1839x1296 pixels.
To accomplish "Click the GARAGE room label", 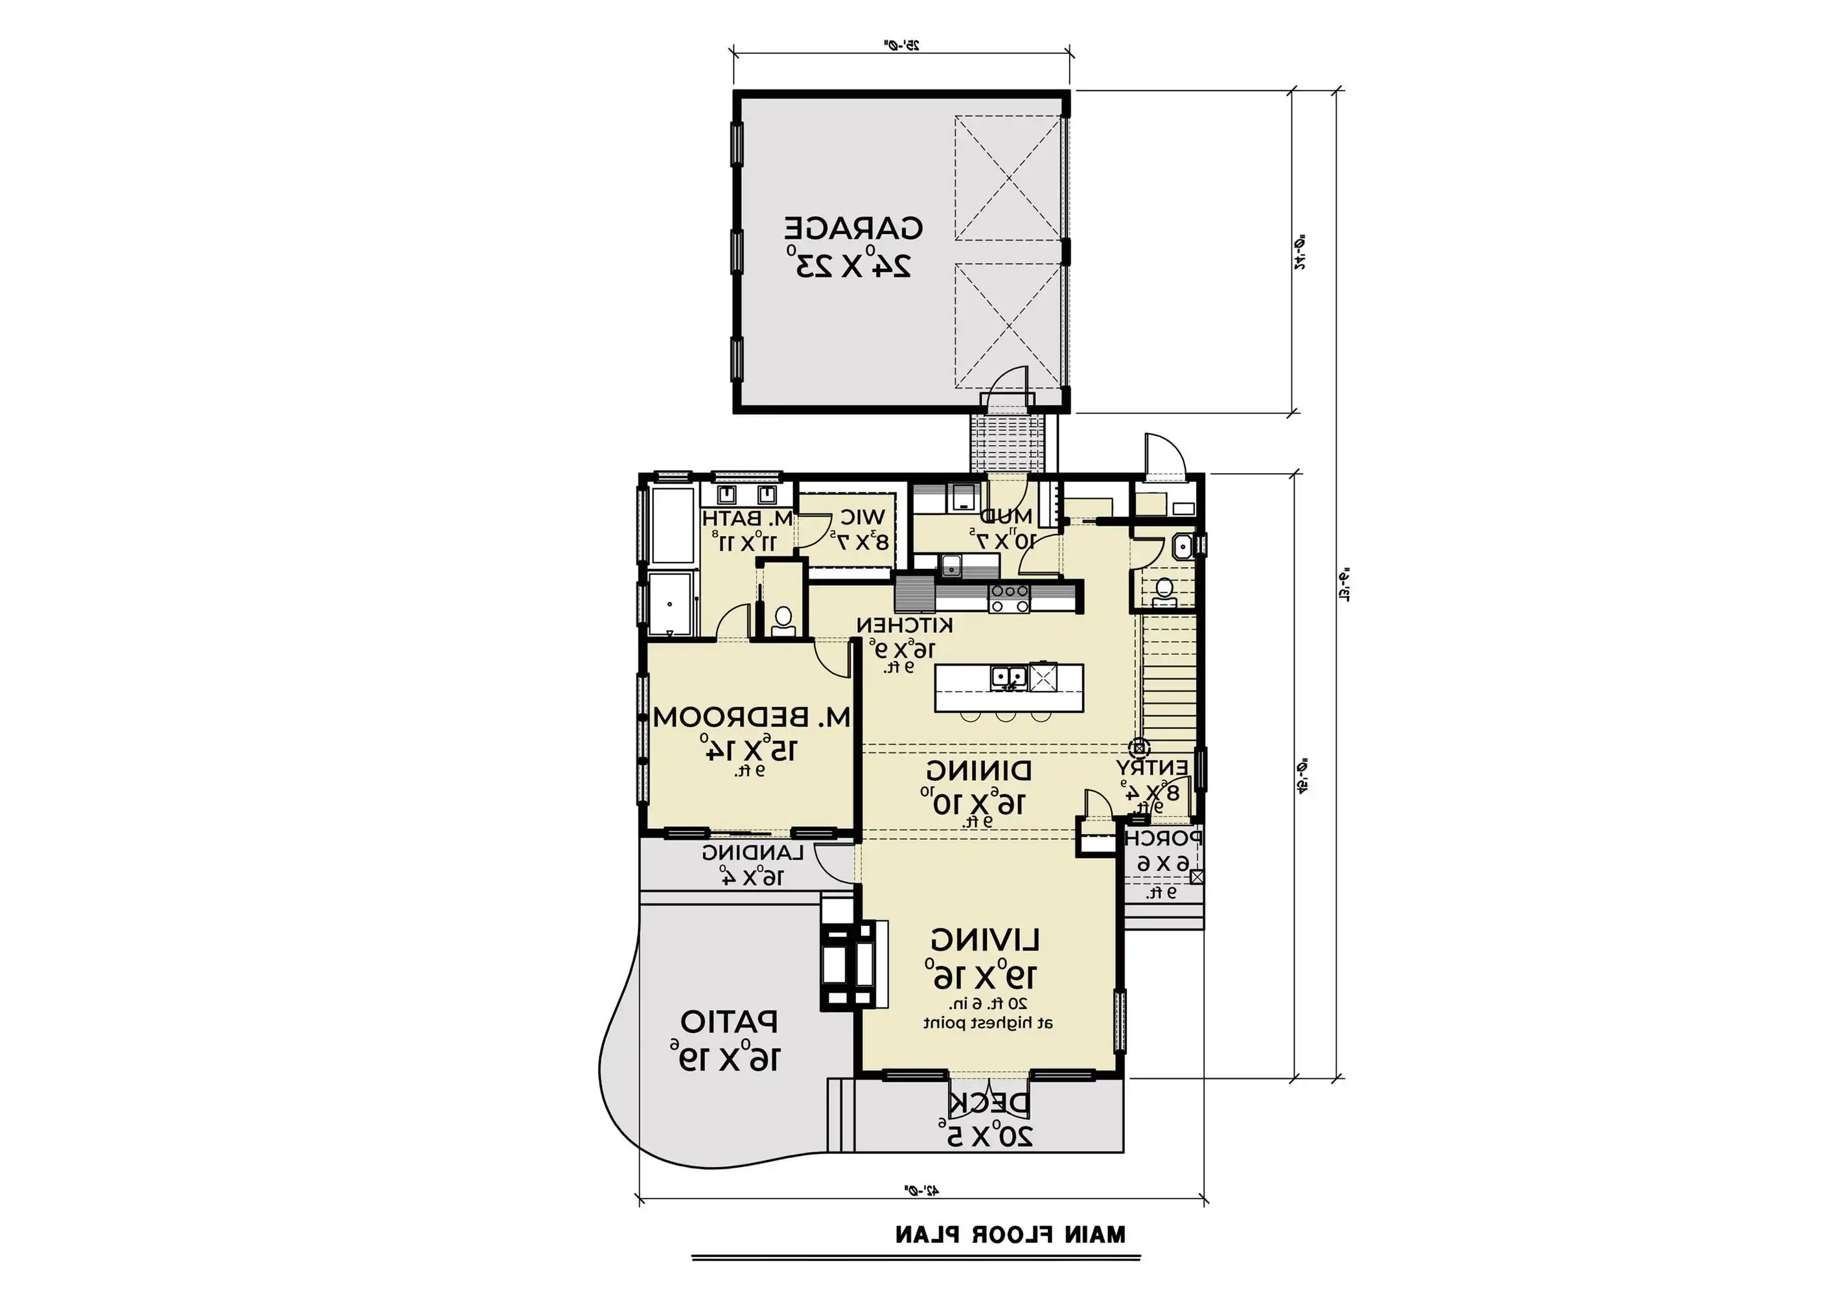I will point(853,228).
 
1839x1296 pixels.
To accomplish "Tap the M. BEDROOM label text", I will point(751,717).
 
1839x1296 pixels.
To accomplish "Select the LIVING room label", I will point(985,939).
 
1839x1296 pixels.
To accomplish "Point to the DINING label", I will point(978,771).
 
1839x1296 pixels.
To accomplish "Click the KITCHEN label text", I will point(905,625).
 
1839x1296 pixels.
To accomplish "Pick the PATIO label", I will point(729,1022).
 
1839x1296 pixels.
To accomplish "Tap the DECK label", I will point(990,1103).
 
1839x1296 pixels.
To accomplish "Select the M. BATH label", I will point(748,518).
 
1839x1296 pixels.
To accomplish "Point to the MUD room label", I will point(1006,516).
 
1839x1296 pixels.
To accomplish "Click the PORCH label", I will point(1163,839).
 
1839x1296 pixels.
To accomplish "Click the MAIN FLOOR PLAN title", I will point(1010,1234).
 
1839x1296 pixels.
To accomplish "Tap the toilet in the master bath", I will point(783,621).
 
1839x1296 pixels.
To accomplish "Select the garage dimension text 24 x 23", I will point(853,264).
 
